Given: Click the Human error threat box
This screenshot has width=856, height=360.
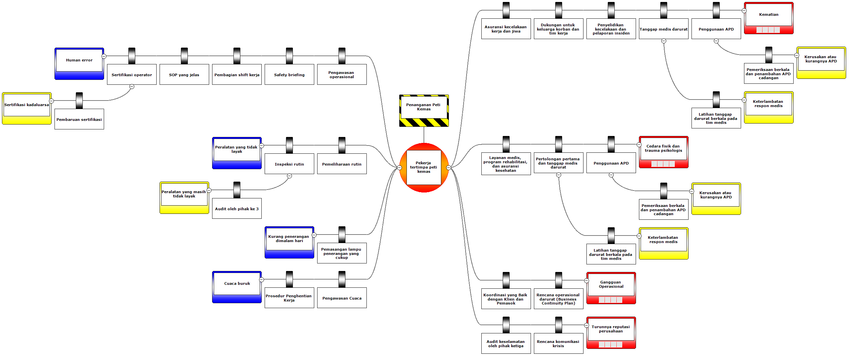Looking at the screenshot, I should (79, 60).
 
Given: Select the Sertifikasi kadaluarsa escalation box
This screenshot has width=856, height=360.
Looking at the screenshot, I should (27, 105).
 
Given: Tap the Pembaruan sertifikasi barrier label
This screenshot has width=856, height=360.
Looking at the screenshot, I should (79, 119).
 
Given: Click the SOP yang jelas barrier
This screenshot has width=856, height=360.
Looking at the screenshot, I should (184, 75).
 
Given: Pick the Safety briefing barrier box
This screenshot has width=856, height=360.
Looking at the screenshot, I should (289, 75).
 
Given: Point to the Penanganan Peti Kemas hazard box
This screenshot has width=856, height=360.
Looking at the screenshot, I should (424, 107).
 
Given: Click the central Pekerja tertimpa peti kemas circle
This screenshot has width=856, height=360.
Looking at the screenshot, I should (424, 168).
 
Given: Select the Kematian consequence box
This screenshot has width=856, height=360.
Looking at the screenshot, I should (769, 15).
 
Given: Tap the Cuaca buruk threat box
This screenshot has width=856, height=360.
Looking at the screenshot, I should (237, 284).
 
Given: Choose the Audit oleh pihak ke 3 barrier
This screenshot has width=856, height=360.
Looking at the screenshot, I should (237, 209).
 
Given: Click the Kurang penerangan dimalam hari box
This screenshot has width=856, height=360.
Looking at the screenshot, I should (289, 239).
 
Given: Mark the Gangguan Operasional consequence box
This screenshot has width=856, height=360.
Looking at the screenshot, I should (611, 284).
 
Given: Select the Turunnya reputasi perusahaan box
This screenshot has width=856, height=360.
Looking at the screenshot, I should (611, 329).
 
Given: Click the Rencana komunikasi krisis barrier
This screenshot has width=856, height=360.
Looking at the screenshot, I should (558, 344).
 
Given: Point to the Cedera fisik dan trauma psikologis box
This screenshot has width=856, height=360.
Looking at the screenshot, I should (664, 148).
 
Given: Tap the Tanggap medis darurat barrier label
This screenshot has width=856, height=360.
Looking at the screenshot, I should (663, 29).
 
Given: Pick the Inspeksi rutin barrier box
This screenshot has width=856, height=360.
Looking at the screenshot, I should (289, 164).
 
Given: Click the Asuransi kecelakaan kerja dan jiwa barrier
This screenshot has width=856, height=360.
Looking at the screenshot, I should (506, 29).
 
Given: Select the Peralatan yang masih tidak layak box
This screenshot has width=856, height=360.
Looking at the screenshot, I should (184, 194).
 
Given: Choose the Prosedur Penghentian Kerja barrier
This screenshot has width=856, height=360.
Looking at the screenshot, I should (289, 298).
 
